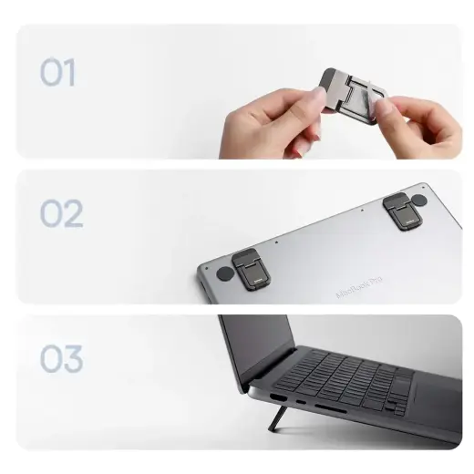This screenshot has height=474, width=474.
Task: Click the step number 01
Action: coord(57,73)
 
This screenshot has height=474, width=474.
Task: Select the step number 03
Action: coord(61,359)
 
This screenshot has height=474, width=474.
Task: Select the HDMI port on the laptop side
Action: coord(273,397)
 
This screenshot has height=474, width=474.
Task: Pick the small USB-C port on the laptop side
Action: coord(302,402)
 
